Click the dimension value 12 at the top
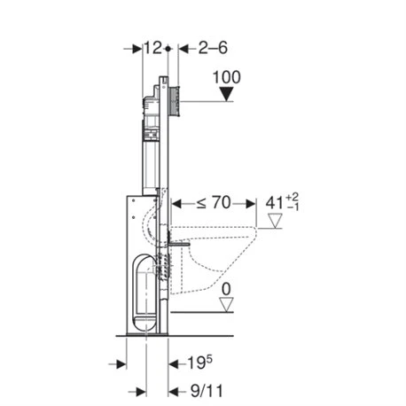click(x=154, y=48)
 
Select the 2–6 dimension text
click(x=200, y=48)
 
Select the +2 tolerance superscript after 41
click(x=294, y=196)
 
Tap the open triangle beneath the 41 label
click(x=277, y=221)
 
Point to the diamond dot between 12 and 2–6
click(x=168, y=48)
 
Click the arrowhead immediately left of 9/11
click(x=164, y=390)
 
